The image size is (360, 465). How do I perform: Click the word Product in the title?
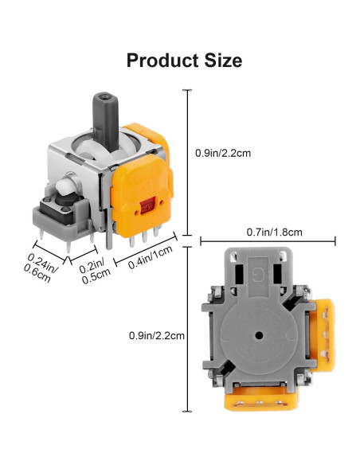pos(162,61)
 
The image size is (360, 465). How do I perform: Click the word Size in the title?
pos(223,61)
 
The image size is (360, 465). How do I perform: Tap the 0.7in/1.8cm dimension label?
pos(274,232)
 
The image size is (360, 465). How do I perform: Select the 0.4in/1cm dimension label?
pos(151,257)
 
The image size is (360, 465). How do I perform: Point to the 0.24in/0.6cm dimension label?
pos(41,268)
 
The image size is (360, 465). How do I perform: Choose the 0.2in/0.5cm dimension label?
pos(94,270)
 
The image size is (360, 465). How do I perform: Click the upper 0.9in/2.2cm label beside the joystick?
pos(223,153)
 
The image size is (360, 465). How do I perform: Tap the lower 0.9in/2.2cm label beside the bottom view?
pos(157,336)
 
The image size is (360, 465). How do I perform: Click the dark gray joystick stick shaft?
pos(106,121)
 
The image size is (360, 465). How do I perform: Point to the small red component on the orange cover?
pos(148,205)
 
